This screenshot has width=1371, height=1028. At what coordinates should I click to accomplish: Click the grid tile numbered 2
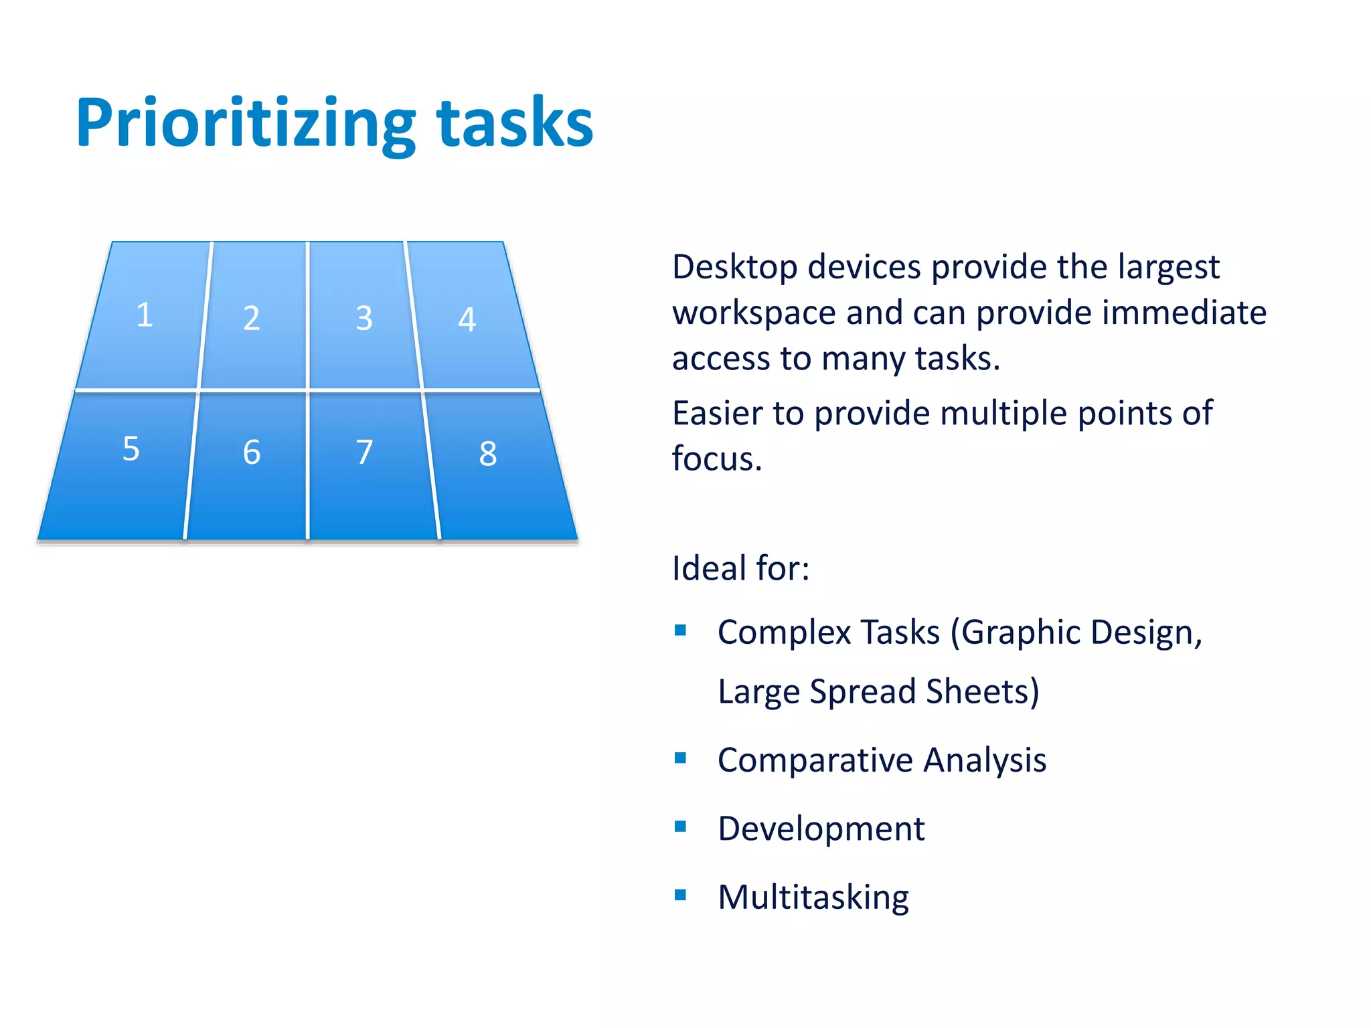[252, 317]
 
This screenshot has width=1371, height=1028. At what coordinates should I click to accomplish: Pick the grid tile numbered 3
[364, 317]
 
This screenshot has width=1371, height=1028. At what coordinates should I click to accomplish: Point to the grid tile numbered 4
[468, 319]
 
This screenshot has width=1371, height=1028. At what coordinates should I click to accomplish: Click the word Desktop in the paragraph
[734, 268]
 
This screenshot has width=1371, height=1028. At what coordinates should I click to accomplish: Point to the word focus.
[716, 459]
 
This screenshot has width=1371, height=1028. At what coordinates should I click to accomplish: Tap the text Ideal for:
[740, 568]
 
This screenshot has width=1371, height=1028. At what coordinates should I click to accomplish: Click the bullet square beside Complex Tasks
[681, 630]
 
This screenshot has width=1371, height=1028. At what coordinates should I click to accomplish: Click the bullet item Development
[821, 829]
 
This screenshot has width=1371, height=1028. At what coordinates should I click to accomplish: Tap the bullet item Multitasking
[813, 897]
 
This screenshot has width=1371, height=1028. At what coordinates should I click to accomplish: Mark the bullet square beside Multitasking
[681, 895]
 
